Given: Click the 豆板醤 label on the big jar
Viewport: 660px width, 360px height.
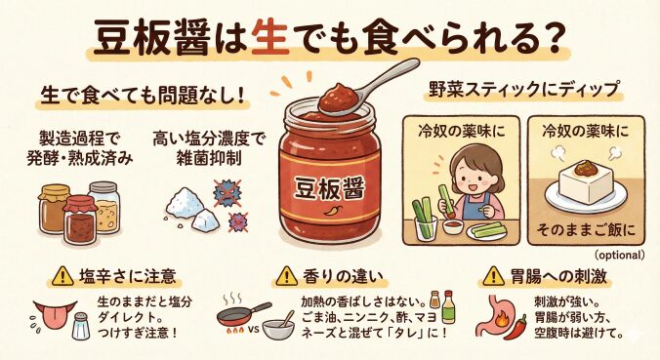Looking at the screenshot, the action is click(x=329, y=188).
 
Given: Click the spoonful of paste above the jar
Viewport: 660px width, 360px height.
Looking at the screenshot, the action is click(x=339, y=98).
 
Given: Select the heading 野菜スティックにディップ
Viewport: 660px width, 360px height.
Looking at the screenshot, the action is click(x=523, y=89).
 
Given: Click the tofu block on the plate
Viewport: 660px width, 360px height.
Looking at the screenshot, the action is click(x=586, y=186).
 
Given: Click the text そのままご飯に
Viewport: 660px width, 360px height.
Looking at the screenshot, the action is click(x=587, y=230).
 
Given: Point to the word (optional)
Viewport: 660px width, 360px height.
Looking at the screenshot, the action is click(x=620, y=255).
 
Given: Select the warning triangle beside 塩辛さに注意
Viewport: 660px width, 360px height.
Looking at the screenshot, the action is click(x=63, y=276).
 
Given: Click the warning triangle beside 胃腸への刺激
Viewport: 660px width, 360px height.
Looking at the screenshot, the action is click(x=494, y=276).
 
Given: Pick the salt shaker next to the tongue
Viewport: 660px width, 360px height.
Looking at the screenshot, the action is click(x=81, y=326).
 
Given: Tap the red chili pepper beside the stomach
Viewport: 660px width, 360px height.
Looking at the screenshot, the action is click(x=517, y=327).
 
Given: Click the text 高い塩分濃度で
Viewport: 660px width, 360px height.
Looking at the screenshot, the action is click(x=208, y=139).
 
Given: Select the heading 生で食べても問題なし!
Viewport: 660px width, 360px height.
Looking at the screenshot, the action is click(x=142, y=96).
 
